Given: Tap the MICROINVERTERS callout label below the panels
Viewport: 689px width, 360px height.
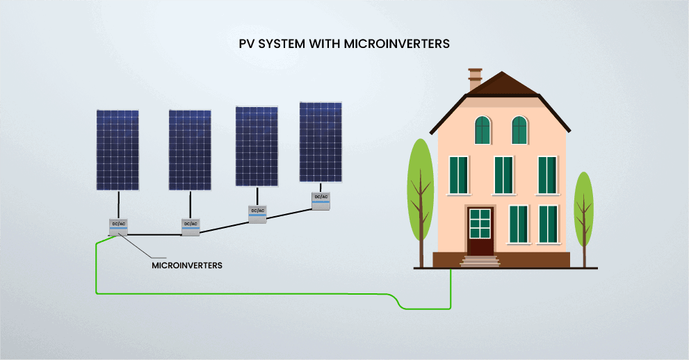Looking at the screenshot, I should (186, 265).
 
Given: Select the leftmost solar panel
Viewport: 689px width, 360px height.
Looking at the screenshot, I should (117, 149).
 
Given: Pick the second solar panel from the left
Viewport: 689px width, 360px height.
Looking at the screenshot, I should (190, 149).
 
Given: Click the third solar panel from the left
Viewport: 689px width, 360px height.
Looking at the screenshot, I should (257, 146).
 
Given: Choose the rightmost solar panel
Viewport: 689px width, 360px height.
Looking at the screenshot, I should (321, 142).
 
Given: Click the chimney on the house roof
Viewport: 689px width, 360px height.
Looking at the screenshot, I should (476, 79).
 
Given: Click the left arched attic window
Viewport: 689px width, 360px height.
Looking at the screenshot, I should (483, 130).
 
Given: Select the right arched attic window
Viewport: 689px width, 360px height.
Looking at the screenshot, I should (519, 130).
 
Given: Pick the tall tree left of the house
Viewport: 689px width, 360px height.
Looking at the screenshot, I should (419, 191).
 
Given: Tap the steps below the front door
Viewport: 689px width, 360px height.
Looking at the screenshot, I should (480, 261).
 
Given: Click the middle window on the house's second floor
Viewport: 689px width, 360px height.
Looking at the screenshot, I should (503, 175).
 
